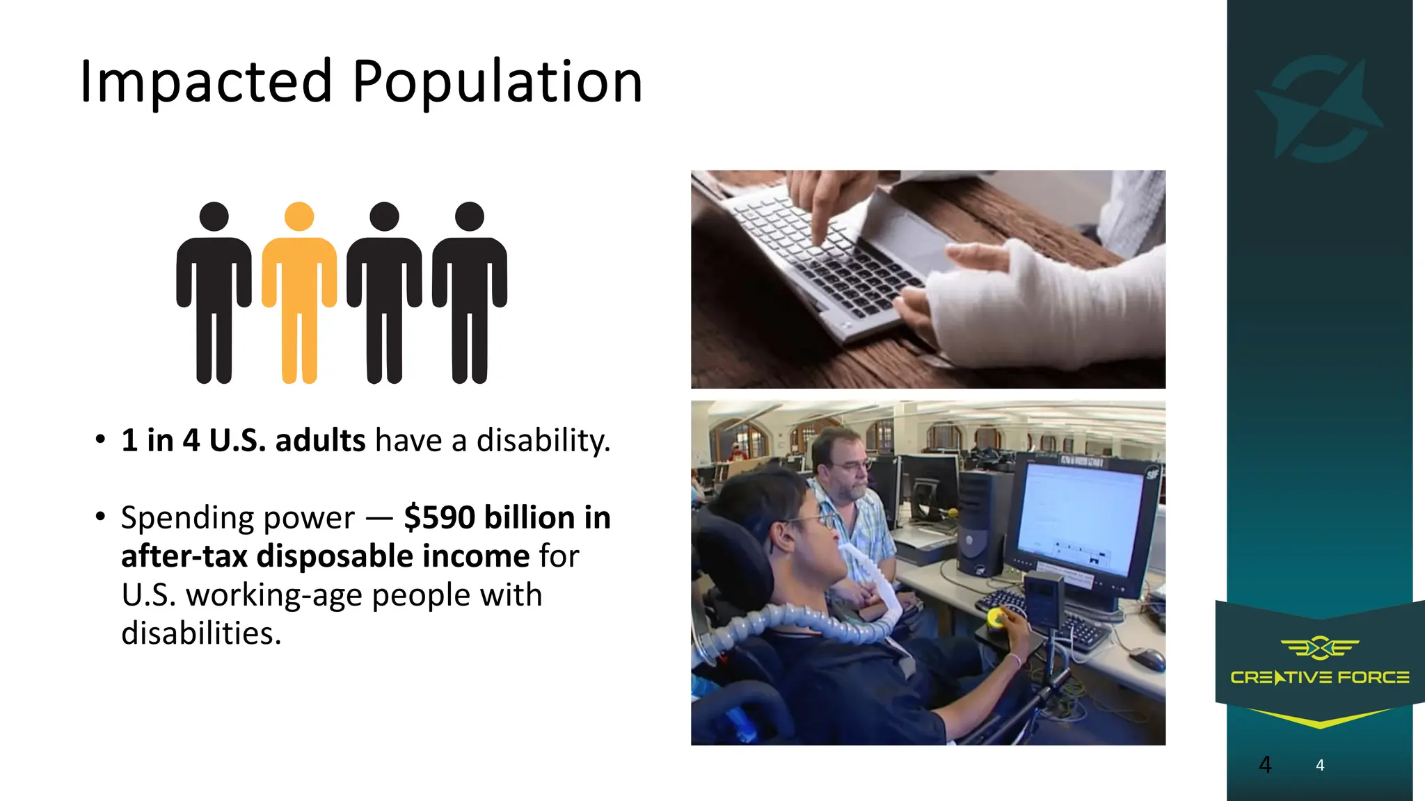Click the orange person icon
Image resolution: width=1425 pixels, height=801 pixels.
point(299,292)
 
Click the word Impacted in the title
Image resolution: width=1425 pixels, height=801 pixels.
point(206,82)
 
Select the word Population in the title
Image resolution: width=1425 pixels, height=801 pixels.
point(497,82)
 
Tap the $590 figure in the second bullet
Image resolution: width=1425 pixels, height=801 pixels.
point(440,517)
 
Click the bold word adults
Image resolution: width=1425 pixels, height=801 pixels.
point(320,441)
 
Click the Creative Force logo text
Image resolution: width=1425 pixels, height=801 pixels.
point(1319,677)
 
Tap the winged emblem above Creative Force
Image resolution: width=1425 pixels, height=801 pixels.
point(1319,648)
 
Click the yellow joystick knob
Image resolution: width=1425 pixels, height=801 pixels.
point(997,616)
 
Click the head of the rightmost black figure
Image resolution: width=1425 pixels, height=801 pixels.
point(470,216)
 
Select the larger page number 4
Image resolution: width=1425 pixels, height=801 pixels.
point(1265,765)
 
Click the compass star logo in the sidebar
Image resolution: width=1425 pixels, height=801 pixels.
point(1319,108)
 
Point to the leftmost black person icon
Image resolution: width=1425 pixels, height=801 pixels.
point(214,292)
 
